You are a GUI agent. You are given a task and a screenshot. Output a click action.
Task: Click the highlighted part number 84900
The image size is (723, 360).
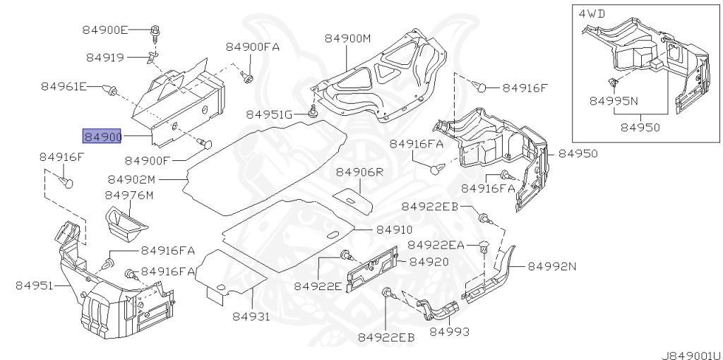coord(102,136)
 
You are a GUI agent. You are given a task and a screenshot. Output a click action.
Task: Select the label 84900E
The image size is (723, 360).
coord(105,30)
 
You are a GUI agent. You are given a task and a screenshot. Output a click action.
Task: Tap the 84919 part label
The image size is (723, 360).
coord(105,58)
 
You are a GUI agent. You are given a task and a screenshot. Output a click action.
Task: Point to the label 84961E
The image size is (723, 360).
coord(64,86)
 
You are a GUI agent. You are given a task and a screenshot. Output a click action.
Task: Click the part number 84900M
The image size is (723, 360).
coord(347,38)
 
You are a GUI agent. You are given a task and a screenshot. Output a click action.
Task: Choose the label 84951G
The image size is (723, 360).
coord(269,114)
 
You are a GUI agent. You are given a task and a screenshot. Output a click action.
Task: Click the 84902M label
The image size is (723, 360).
coord(132,179)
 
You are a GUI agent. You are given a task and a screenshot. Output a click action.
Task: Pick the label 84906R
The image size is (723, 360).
coord(359,172)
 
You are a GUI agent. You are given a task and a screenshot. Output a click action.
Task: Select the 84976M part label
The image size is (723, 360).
coord(129,196)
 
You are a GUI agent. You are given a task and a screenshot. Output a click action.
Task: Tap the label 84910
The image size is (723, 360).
coord(394,229)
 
